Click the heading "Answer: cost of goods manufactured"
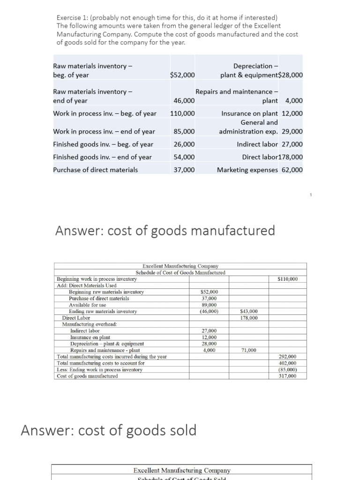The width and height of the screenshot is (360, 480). coord(165,231)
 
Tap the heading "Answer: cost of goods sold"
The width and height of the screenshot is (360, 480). coord(109,430)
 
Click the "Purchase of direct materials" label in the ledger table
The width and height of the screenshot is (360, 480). coord(96,170)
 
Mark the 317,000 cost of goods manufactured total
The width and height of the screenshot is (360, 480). coord(287,376)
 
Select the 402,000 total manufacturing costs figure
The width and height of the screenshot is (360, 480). coord(287,363)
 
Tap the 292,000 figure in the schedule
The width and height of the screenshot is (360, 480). coord(287,357)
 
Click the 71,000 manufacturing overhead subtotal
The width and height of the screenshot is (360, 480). coord(248,350)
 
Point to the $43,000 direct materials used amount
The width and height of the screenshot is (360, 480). coord(248,311)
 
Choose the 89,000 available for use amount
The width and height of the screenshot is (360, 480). coord(209,305)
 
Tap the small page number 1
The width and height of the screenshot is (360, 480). coord(310,194)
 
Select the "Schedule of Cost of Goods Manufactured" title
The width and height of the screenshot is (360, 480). coord(180,272)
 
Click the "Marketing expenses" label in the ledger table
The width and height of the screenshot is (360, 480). coord(247,170)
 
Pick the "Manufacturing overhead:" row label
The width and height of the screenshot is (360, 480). coord(90,324)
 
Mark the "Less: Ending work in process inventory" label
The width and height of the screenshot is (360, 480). coord(99,369)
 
